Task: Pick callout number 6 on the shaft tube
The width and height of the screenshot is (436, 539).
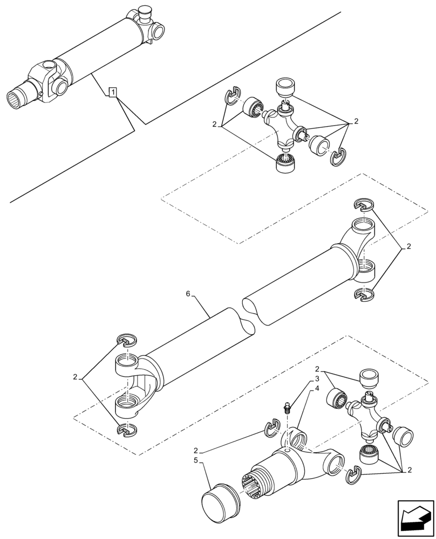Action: (x=188, y=294)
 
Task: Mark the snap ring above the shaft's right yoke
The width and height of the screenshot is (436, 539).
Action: (x=364, y=204)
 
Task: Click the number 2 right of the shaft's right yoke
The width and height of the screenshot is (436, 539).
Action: (x=408, y=247)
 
